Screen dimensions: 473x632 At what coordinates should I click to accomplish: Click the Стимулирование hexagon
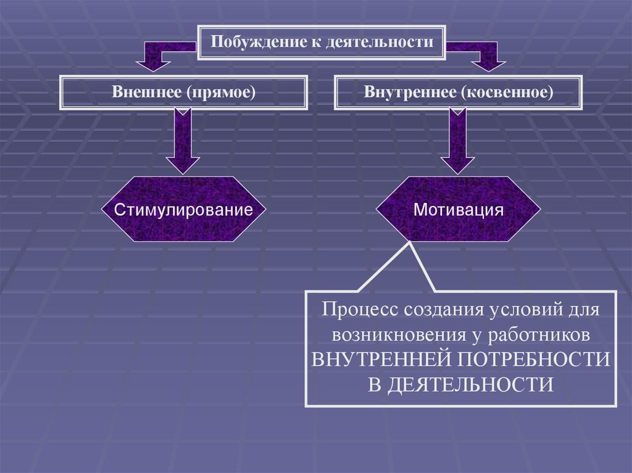pos(183,209)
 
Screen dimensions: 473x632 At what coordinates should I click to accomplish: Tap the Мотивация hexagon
pos(459,209)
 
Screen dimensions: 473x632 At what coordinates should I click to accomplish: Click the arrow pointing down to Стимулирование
pos(182,142)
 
